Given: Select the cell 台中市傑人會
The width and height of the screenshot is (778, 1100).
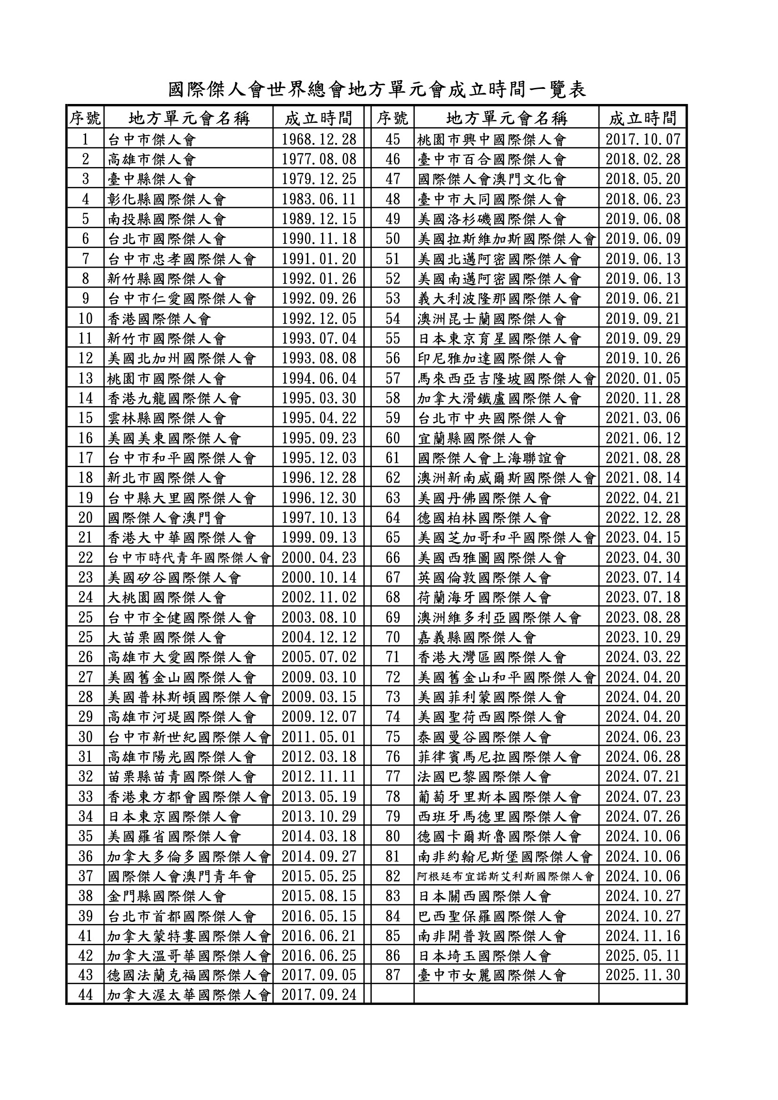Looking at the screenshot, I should [x=152, y=139].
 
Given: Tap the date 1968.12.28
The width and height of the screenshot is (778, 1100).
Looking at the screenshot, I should [x=319, y=139].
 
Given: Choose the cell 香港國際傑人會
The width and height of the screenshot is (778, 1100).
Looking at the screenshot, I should [x=159, y=319].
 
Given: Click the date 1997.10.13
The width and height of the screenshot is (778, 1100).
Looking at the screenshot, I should [x=319, y=518].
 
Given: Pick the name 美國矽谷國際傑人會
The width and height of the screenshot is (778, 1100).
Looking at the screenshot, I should [x=174, y=578].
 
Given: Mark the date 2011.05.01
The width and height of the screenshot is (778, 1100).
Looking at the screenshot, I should [x=319, y=737].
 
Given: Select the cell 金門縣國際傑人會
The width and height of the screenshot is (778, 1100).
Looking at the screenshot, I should [x=166, y=896].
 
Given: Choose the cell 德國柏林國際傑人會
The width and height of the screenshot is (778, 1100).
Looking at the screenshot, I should [x=484, y=518].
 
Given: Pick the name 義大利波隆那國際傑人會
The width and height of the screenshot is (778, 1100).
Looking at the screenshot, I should [x=499, y=299].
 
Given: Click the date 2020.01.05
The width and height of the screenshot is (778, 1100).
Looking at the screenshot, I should [x=643, y=378].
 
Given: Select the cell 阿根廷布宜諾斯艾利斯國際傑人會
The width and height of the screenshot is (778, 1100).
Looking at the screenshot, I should [x=506, y=876].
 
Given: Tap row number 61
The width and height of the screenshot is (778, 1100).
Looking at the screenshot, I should [x=393, y=458].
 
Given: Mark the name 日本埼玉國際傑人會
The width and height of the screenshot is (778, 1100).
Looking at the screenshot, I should [x=484, y=956].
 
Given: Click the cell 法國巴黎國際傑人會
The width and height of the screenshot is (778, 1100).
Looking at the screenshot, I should [x=484, y=777].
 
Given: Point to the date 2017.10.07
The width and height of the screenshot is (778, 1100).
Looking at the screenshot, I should [x=643, y=139].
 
